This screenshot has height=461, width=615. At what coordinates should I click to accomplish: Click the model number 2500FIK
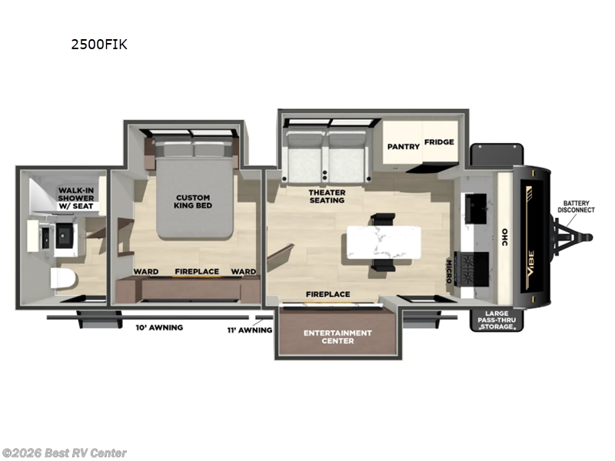(x=99, y=45)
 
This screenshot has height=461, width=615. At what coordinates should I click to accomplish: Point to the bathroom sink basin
(x=63, y=234)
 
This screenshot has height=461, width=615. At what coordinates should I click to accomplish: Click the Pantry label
(x=402, y=146)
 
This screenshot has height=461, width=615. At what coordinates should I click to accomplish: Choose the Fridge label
(x=440, y=142)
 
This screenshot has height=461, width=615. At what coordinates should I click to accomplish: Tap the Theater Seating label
(x=327, y=196)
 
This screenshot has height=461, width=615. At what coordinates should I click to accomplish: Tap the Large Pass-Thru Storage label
(x=497, y=320)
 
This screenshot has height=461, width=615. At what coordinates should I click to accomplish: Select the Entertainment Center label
(x=337, y=337)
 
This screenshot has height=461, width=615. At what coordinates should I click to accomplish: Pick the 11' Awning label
(x=251, y=330)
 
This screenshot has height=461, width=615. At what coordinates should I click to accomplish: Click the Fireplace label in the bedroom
(x=197, y=271)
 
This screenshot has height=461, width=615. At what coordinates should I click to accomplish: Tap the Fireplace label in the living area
(x=327, y=294)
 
